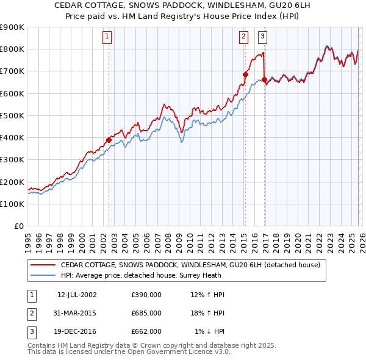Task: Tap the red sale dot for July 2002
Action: [109, 140]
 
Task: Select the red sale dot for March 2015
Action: [245, 74]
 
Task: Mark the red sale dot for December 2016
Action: [264, 79]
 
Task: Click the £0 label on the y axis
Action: [18, 226]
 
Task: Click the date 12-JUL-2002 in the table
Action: [77, 295]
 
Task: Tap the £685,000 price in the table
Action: [146, 313]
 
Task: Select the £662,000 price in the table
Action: [146, 331]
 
